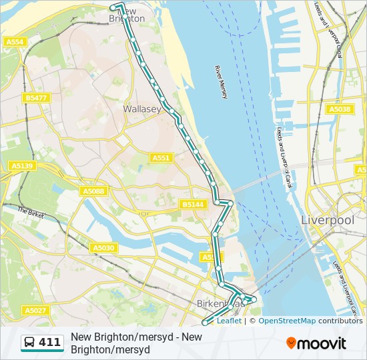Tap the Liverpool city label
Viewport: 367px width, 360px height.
pos(328,220)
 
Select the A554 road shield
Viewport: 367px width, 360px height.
pos(15,42)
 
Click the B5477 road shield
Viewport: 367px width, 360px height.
pos(36,98)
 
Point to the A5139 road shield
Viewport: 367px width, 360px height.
pos(22,165)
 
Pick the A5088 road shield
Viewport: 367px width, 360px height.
pos(93,191)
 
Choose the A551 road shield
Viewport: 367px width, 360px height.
pos(161,158)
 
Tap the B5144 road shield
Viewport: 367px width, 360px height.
pos(193,204)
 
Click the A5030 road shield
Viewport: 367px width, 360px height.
pos(103,248)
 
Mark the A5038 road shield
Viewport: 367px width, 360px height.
pos(339,109)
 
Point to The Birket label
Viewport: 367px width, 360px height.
pos(31,212)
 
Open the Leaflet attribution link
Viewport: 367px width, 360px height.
pos(229,321)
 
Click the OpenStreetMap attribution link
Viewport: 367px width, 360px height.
pos(287,321)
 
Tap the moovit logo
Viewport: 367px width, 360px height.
pos(316,343)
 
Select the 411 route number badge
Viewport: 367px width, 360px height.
pos(49,343)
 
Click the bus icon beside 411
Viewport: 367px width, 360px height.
pos(30,343)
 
